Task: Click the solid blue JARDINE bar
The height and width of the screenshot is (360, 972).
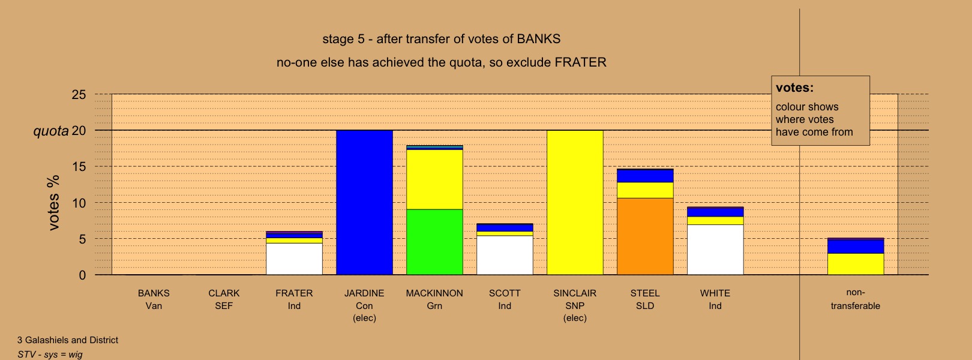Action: pyautogui.click(x=365, y=203)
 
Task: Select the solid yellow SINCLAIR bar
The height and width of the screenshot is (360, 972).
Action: pyautogui.click(x=575, y=203)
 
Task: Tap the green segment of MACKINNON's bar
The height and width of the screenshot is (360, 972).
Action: pyautogui.click(x=434, y=242)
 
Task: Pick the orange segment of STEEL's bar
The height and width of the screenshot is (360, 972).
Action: pyautogui.click(x=645, y=236)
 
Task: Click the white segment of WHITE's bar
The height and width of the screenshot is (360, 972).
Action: pyautogui.click(x=715, y=250)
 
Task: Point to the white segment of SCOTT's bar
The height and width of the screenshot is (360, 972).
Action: pyautogui.click(x=505, y=256)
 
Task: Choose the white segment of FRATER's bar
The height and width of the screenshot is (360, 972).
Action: pyautogui.click(x=294, y=259)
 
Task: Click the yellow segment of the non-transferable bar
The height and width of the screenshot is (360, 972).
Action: pyautogui.click(x=856, y=264)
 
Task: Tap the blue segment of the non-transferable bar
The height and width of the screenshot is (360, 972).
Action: pyautogui.click(x=856, y=247)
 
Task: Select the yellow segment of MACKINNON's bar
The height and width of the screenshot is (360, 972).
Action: pyautogui.click(x=434, y=179)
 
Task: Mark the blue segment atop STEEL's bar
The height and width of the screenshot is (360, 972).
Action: pyautogui.click(x=645, y=176)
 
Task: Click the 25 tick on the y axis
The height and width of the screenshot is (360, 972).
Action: pyautogui.click(x=79, y=95)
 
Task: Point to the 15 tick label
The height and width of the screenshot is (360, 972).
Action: pyautogui.click(x=79, y=167)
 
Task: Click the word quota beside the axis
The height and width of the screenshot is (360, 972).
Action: pyautogui.click(x=51, y=131)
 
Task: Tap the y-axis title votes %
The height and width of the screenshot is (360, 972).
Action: pyautogui.click(x=53, y=203)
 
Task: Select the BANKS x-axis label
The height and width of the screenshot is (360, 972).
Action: pyautogui.click(x=154, y=299)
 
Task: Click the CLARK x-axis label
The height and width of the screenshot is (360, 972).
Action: pyautogui.click(x=224, y=299)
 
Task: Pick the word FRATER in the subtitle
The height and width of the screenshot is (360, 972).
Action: pyautogui.click(x=580, y=62)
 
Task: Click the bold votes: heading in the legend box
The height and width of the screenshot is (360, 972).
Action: pyautogui.click(x=794, y=88)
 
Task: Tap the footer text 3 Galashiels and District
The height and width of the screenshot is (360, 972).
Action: pyautogui.click(x=68, y=340)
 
